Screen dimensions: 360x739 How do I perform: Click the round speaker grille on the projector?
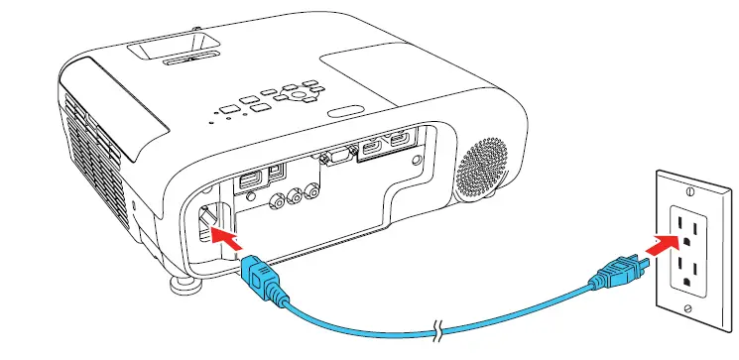(x=484, y=160)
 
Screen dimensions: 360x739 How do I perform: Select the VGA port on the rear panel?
(x=336, y=155)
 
